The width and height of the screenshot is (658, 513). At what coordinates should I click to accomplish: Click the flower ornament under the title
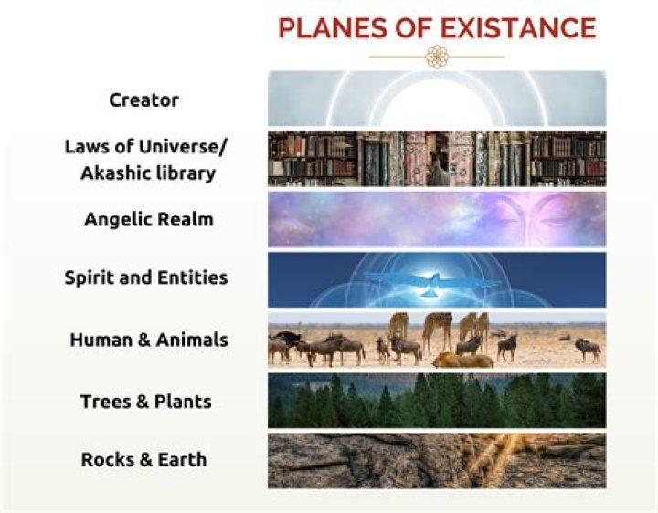click(x=437, y=58)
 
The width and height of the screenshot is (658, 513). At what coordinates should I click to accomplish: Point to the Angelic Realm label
click(x=143, y=219)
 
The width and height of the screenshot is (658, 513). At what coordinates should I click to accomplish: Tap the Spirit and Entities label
click(x=146, y=277)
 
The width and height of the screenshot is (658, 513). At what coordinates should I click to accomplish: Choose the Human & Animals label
click(x=149, y=340)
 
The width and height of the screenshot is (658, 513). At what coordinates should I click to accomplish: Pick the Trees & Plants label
click(x=146, y=401)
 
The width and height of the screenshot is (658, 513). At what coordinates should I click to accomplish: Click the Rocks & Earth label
click(x=143, y=459)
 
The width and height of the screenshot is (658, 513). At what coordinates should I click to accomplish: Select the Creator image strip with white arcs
click(x=437, y=99)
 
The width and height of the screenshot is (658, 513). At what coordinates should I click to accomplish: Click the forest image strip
click(x=437, y=401)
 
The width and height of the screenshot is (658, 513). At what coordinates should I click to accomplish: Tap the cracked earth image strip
click(x=437, y=460)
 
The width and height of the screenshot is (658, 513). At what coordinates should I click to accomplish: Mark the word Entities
click(x=195, y=277)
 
